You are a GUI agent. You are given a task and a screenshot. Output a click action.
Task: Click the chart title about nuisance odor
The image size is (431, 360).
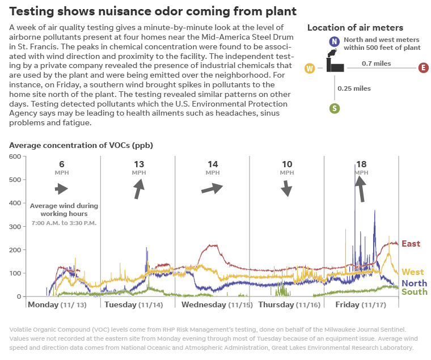(x=153, y=11)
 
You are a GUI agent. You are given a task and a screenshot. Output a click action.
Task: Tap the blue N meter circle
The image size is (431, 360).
(x=334, y=41)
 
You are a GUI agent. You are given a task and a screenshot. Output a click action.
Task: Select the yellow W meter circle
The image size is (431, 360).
(x=310, y=69)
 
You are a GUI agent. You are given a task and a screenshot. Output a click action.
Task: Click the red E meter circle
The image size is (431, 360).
(x=423, y=68)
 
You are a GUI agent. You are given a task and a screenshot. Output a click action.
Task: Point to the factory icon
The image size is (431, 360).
(x=335, y=64)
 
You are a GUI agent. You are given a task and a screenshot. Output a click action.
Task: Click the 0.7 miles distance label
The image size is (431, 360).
(x=377, y=63)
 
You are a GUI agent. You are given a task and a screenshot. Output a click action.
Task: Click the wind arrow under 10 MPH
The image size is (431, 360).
(x=286, y=188)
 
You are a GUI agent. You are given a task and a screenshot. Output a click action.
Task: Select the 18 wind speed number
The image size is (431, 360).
(x=361, y=164)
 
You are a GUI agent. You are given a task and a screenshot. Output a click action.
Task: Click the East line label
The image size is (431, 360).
(x=411, y=244)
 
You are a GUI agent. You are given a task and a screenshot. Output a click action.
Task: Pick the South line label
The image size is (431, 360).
(x=414, y=291)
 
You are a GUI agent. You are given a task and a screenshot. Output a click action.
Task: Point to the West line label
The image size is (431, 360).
(x=412, y=272)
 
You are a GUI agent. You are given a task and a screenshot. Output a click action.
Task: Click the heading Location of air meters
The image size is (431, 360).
(x=355, y=28)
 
